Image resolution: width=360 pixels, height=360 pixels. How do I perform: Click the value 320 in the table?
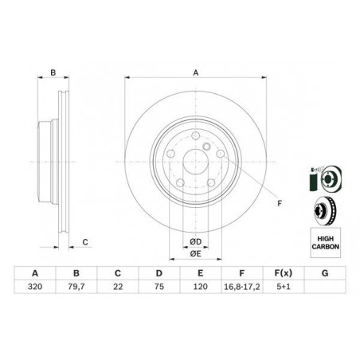click(x=35, y=287)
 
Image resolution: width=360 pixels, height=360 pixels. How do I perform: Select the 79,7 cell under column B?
click(x=76, y=287)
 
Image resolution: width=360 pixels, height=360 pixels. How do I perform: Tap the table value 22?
click(x=118, y=287)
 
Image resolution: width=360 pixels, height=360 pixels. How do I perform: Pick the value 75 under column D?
click(x=159, y=287)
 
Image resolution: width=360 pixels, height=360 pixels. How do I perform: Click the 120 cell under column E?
click(x=201, y=287)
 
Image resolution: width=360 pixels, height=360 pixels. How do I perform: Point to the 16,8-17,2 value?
click(x=242, y=287)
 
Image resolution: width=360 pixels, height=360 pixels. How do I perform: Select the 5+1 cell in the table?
click(x=284, y=287)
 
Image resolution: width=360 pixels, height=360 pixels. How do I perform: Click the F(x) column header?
click(x=284, y=273)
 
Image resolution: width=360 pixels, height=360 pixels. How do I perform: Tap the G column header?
click(x=325, y=273)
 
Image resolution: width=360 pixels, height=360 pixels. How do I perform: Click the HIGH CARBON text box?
click(x=326, y=243)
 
